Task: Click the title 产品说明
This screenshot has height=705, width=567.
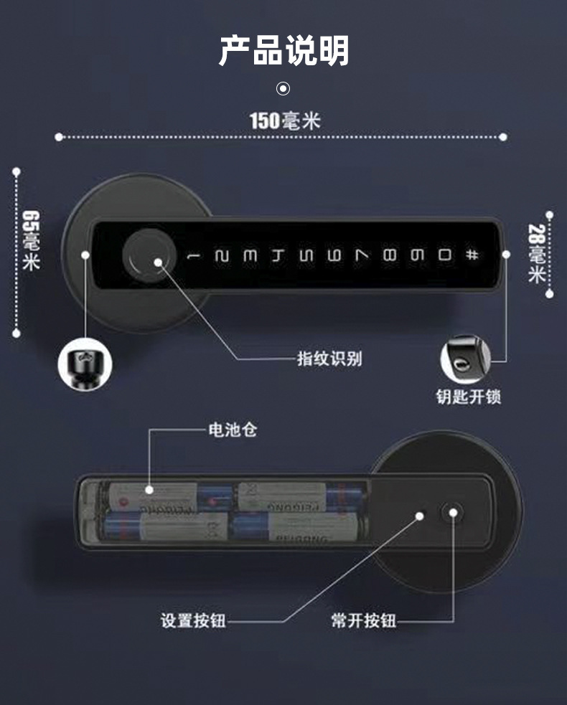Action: (x=283, y=50)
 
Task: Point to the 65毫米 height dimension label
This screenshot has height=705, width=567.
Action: (x=31, y=240)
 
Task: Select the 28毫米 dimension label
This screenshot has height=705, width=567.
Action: (x=536, y=254)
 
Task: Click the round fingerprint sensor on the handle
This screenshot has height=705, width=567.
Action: (x=147, y=254)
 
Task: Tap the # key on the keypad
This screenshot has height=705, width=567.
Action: (x=471, y=255)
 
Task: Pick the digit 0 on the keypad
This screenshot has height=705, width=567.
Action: (x=445, y=255)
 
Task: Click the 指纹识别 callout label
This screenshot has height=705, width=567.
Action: (x=329, y=359)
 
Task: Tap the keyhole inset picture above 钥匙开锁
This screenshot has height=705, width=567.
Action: (x=465, y=359)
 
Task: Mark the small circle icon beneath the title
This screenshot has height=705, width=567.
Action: (x=283, y=89)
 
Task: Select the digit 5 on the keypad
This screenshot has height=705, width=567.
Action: (x=306, y=255)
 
